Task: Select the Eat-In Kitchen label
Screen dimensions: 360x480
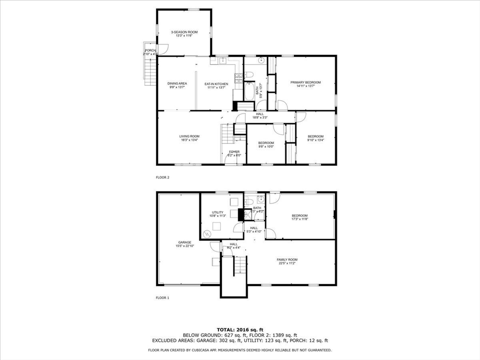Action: point(217,84)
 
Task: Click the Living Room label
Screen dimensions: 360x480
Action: point(189,137)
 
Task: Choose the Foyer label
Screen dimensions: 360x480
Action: point(234,152)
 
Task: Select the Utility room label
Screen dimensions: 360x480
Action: point(217,213)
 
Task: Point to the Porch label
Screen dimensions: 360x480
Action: point(150,51)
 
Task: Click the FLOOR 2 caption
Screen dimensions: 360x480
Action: point(162,178)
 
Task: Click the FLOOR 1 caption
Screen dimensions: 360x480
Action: point(162,298)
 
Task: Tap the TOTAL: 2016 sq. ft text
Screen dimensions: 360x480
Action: point(240,330)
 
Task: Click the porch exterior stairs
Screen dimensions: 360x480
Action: point(150,71)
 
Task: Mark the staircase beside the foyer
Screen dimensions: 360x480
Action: point(227,134)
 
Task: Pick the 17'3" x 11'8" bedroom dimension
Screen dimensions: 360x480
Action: point(300,217)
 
